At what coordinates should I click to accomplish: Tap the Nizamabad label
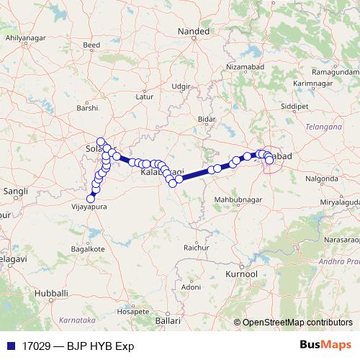(x=246, y=66)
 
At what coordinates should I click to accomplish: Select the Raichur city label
(x=196, y=247)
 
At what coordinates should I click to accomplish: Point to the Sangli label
(x=15, y=192)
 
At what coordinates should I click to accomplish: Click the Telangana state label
(x=322, y=127)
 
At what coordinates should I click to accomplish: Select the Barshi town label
(x=86, y=108)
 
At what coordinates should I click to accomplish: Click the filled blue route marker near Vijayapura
(x=91, y=199)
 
